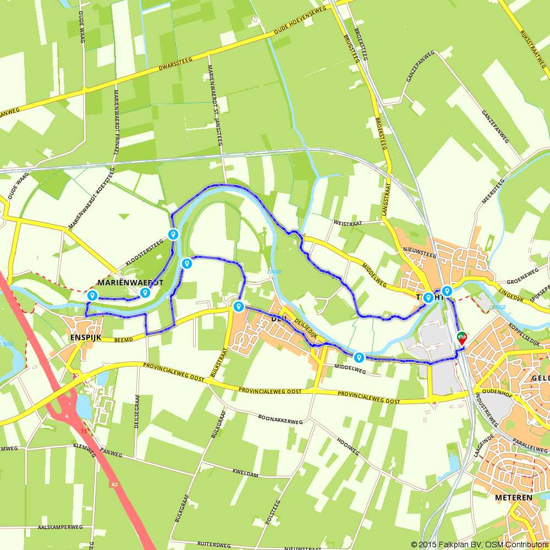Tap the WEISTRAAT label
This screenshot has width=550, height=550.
pyautogui.click(x=349, y=223)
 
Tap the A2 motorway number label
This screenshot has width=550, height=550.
pyautogui.click(x=114, y=485)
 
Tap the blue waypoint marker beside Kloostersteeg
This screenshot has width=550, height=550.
pyautogui.click(x=173, y=235)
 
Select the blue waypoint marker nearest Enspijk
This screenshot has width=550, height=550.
pyautogui.click(x=92, y=296)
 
